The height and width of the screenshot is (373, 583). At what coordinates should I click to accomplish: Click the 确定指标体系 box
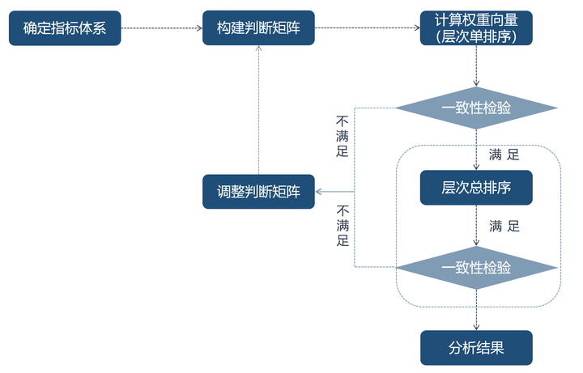[x=65, y=28]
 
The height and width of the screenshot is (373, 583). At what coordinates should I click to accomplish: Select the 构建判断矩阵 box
[x=258, y=28]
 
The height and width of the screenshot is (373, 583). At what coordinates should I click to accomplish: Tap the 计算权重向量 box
[x=476, y=28]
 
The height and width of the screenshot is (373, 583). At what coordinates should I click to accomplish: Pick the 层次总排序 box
[x=476, y=188]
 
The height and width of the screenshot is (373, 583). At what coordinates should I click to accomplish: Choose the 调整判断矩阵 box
[x=258, y=192]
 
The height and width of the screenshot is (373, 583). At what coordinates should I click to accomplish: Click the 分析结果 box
[x=476, y=348]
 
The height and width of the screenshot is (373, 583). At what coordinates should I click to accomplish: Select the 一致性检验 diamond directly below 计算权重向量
[x=476, y=108]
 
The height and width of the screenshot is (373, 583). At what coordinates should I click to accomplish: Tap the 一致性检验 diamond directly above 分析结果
[x=476, y=268]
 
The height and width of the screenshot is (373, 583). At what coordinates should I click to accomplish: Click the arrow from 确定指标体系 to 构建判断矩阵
[x=161, y=28]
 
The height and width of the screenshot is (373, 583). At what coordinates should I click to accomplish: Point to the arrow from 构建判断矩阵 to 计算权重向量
[x=367, y=28]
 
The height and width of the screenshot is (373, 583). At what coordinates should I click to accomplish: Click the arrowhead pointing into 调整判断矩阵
[x=319, y=192]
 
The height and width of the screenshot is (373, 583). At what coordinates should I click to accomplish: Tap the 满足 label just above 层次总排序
[x=504, y=154]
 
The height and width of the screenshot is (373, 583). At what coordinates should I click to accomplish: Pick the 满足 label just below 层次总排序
[x=504, y=226]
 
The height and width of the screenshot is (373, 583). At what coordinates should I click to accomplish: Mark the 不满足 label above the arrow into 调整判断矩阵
[x=342, y=134]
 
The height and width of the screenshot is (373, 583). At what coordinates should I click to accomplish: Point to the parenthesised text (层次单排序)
[x=476, y=36]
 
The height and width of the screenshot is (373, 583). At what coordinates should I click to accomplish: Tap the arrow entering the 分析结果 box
[x=476, y=316]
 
